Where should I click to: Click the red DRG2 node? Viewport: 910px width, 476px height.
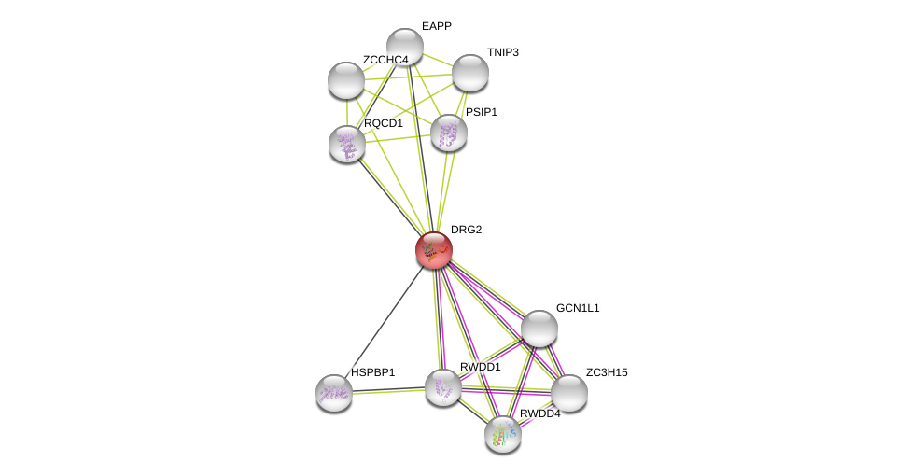coord(434,249)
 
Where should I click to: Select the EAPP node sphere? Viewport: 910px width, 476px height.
coord(405,47)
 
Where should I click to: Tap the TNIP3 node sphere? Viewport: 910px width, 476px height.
coord(469,73)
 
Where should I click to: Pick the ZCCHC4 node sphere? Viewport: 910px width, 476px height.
coord(346,80)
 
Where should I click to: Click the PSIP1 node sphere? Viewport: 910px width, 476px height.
coord(449,133)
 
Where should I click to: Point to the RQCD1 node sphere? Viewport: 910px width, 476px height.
coord(347,144)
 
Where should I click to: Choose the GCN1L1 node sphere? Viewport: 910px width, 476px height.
coord(539,329)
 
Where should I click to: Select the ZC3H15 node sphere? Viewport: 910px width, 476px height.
coord(569,393)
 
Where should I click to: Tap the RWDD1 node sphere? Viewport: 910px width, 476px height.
coord(443,387)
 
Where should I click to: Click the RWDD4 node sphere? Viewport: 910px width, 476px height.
coord(503,434)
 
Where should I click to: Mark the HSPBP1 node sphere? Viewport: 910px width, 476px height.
coord(334,393)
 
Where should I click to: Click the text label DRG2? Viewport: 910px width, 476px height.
coord(466,230)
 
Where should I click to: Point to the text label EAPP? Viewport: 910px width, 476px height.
coord(436,26)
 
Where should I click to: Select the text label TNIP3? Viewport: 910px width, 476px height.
coord(502,52)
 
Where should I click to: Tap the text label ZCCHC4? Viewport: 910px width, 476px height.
coord(385,60)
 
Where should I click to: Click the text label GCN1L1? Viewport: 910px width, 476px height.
coord(578,308)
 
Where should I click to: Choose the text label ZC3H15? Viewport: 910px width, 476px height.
coord(607,372)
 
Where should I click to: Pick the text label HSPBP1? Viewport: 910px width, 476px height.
coord(372,372)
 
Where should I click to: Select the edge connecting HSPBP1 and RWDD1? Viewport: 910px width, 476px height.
coord(388,390)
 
